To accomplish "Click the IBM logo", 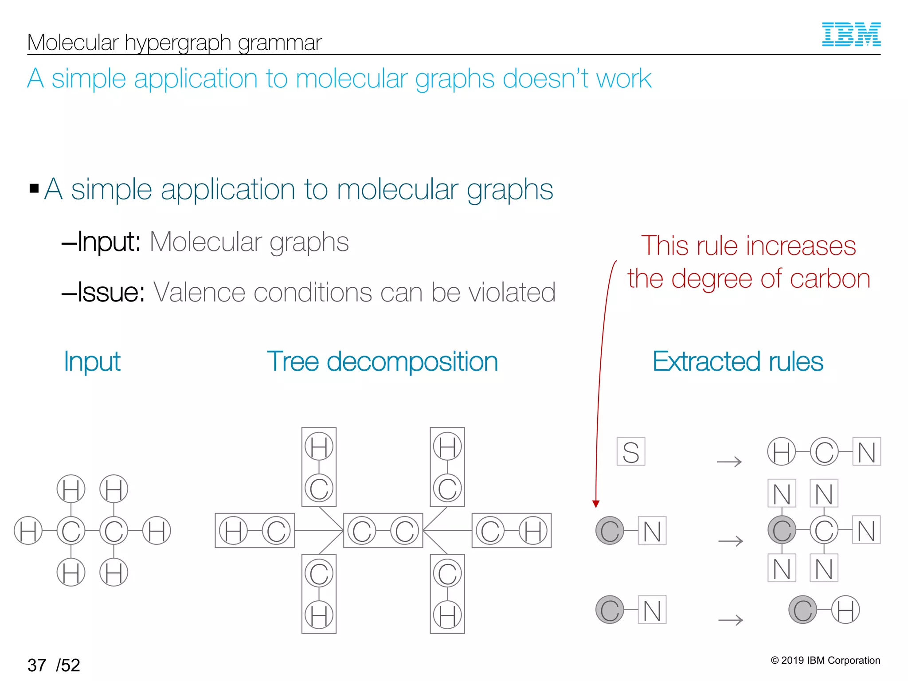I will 851,34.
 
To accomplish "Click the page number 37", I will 37,665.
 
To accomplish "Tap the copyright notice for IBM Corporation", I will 825,660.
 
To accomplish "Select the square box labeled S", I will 630,452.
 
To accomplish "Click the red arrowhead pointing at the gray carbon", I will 596,504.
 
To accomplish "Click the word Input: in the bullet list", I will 109,242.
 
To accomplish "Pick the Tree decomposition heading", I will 382,361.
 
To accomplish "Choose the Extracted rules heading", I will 738,361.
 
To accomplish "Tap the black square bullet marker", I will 34,188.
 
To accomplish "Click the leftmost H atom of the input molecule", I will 28,531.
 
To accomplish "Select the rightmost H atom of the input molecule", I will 157,531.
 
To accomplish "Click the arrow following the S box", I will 729,462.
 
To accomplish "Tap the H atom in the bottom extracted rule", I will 845,610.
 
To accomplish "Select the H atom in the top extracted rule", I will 781,452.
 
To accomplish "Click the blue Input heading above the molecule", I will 92,361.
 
